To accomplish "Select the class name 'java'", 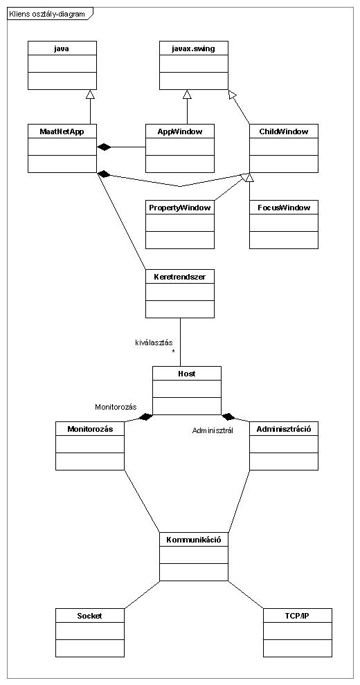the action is [x=62, y=48].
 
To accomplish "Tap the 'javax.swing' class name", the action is [x=193, y=48].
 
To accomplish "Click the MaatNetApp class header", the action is [x=62, y=131].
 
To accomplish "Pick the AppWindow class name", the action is [x=179, y=131].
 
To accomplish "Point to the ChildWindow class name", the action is [x=284, y=131].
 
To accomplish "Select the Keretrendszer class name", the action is [x=179, y=276].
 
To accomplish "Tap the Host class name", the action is [x=186, y=373].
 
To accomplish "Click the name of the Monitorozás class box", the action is [x=90, y=428].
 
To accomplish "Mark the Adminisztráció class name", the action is [x=284, y=428].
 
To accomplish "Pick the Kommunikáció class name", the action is [x=194, y=540].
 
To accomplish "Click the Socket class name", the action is [x=89, y=616].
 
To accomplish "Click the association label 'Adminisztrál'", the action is [x=213, y=430].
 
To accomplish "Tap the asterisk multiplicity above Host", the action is [x=173, y=351].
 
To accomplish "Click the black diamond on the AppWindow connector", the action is [x=104, y=147].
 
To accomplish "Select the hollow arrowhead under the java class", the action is [x=90, y=93].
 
